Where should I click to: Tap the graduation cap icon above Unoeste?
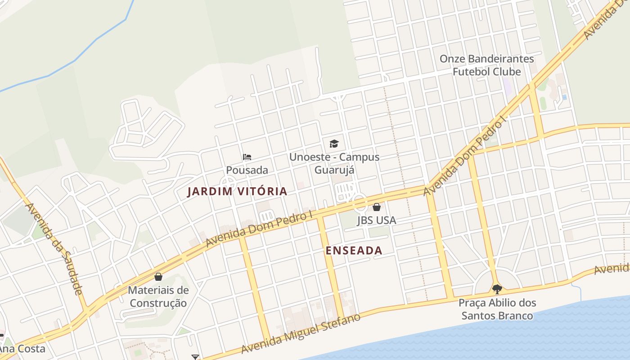[334, 144]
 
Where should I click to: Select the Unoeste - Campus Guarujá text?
[334, 163]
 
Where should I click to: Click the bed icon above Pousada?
[247, 157]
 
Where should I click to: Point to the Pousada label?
[247, 170]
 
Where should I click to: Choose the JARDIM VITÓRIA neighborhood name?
[237, 191]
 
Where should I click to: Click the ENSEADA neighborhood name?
[354, 251]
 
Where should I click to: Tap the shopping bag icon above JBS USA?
[377, 207]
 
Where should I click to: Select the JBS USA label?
[377, 220]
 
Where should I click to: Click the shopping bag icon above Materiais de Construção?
[158, 277]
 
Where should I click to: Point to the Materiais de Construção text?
[158, 297]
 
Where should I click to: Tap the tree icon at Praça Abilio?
[497, 289]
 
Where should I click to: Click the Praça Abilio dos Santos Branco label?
[497, 309]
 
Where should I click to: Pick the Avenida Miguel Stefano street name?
[301, 334]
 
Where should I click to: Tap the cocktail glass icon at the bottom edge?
[195, 357]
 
